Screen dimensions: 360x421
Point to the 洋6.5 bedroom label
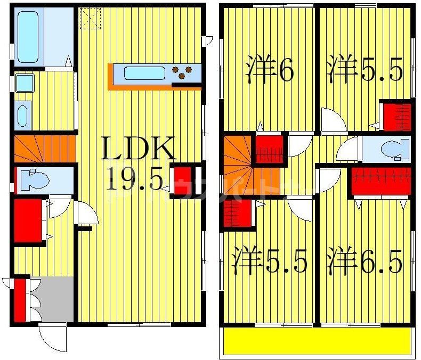click(x=365, y=261)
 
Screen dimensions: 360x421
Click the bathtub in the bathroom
click(x=31, y=37)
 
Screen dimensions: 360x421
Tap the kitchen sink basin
click(x=144, y=73)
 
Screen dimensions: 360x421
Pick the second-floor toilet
click(x=394, y=149)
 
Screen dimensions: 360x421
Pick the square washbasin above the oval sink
click(x=25, y=83)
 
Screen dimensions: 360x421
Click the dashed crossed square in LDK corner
click(x=90, y=18)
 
